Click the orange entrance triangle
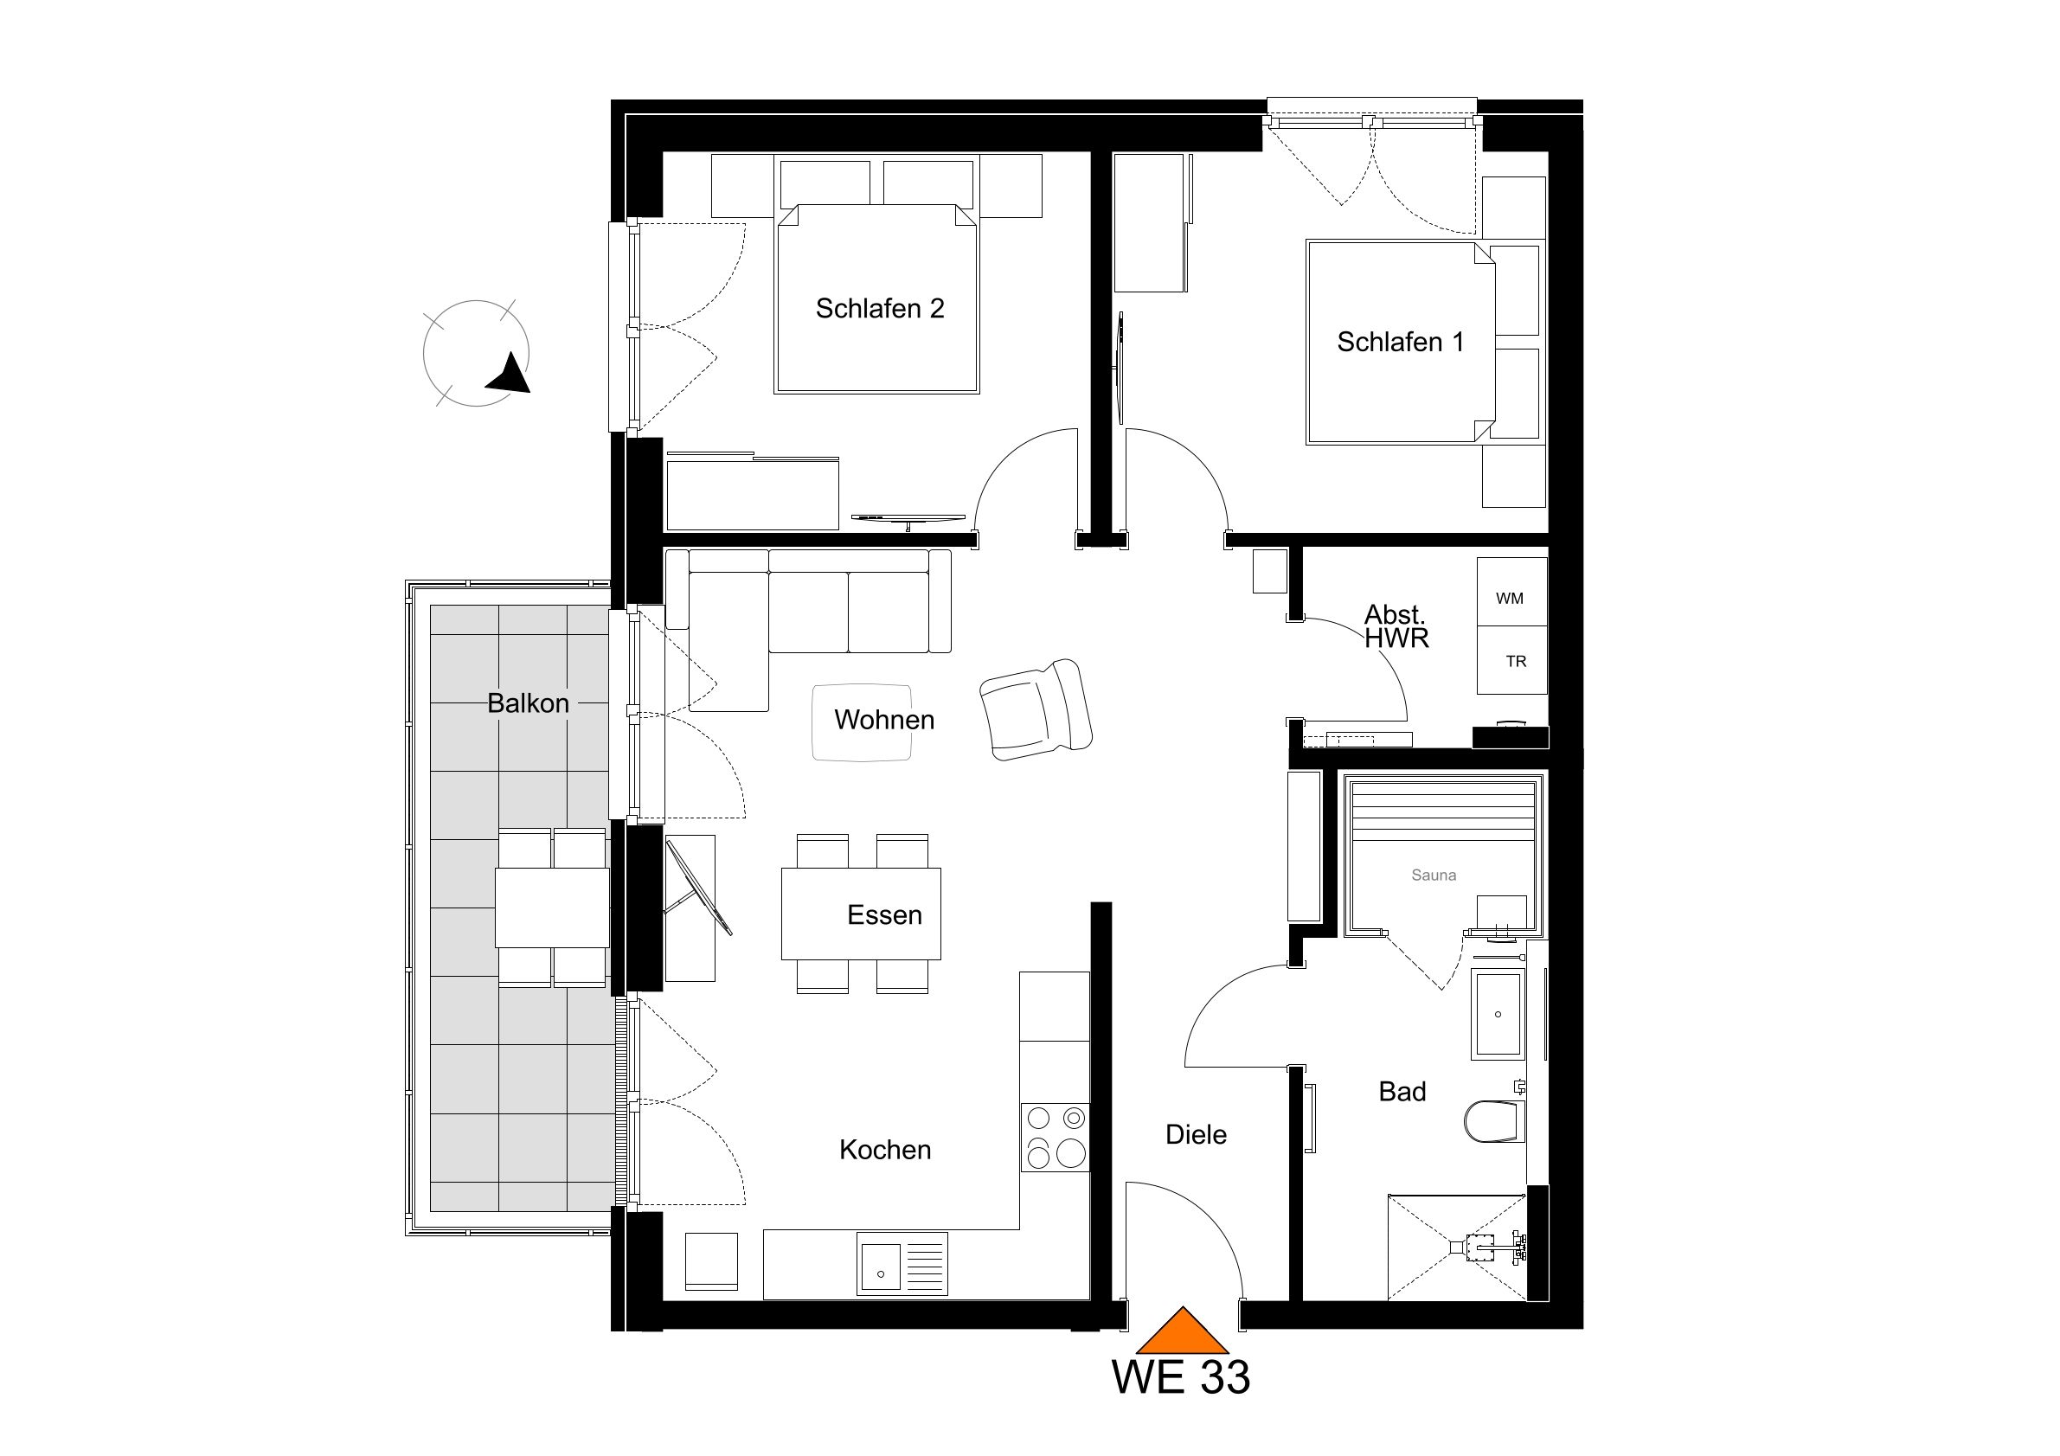coord(1183,1331)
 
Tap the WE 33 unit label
coord(1181,1377)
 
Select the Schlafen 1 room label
coord(1400,342)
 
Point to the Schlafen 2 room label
coord(879,309)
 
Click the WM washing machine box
coord(1511,592)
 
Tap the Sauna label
coord(1434,875)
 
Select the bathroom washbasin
coord(1498,1014)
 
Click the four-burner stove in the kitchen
coord(1056,1138)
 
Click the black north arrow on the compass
coord(510,373)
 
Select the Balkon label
coord(529,703)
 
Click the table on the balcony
coord(553,907)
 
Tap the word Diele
coord(1196,1135)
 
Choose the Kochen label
coord(885,1150)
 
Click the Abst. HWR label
coord(1396,626)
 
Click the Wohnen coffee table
coord(862,723)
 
